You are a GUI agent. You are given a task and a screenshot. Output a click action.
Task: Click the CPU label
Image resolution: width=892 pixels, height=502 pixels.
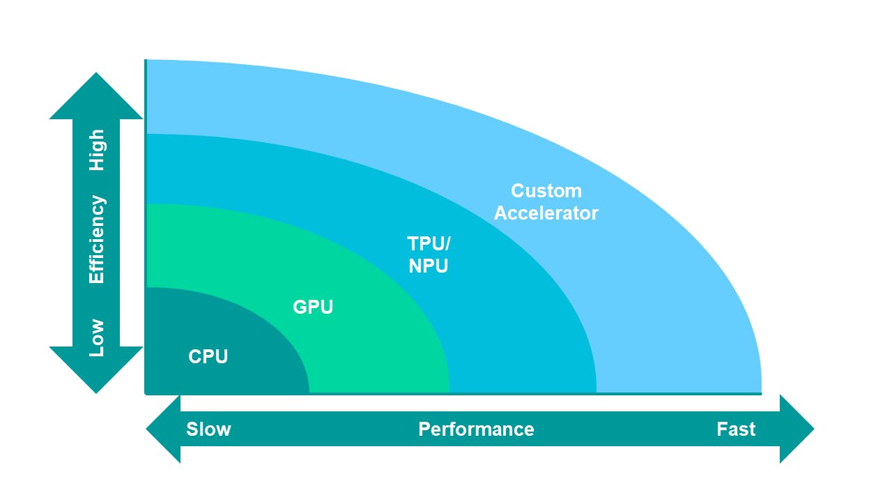pos(208,357)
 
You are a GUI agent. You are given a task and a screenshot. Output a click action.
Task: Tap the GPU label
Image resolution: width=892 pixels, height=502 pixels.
pos(313,307)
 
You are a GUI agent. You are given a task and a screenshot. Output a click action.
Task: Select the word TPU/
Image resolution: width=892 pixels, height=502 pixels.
pos(429,244)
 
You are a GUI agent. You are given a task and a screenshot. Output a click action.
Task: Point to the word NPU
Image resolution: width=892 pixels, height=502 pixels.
pos(428,266)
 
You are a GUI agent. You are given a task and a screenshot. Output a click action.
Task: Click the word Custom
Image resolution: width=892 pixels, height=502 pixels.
pos(546,191)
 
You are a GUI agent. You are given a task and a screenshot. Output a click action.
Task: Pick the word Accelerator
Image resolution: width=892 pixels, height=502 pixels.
pos(546,213)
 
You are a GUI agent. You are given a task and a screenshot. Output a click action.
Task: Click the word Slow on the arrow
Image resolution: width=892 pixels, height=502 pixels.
pos(208,429)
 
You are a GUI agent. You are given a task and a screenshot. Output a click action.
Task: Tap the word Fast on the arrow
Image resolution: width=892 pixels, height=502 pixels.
pos(736,429)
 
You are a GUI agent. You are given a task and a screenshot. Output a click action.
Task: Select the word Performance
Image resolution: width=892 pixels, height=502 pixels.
pos(476,429)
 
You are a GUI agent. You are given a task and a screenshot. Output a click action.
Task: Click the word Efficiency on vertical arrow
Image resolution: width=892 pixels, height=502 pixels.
pos(97,240)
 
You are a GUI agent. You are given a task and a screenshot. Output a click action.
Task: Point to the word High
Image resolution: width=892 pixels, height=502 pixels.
pos(97,150)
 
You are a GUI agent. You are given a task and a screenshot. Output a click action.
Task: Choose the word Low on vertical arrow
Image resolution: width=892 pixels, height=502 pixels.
pos(97,337)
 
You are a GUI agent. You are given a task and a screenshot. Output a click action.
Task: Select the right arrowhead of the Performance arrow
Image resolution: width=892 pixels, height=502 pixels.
pos(795,429)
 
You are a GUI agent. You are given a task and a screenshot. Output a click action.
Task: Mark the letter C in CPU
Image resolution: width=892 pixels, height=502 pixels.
pos(195,357)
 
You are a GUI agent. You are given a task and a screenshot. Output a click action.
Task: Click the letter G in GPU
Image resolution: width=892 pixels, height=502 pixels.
pos(300,307)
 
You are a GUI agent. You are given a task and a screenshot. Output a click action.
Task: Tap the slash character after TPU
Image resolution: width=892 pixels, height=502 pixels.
pos(447,244)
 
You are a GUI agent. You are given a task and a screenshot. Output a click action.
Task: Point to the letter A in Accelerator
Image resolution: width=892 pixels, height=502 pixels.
pos(501,213)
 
